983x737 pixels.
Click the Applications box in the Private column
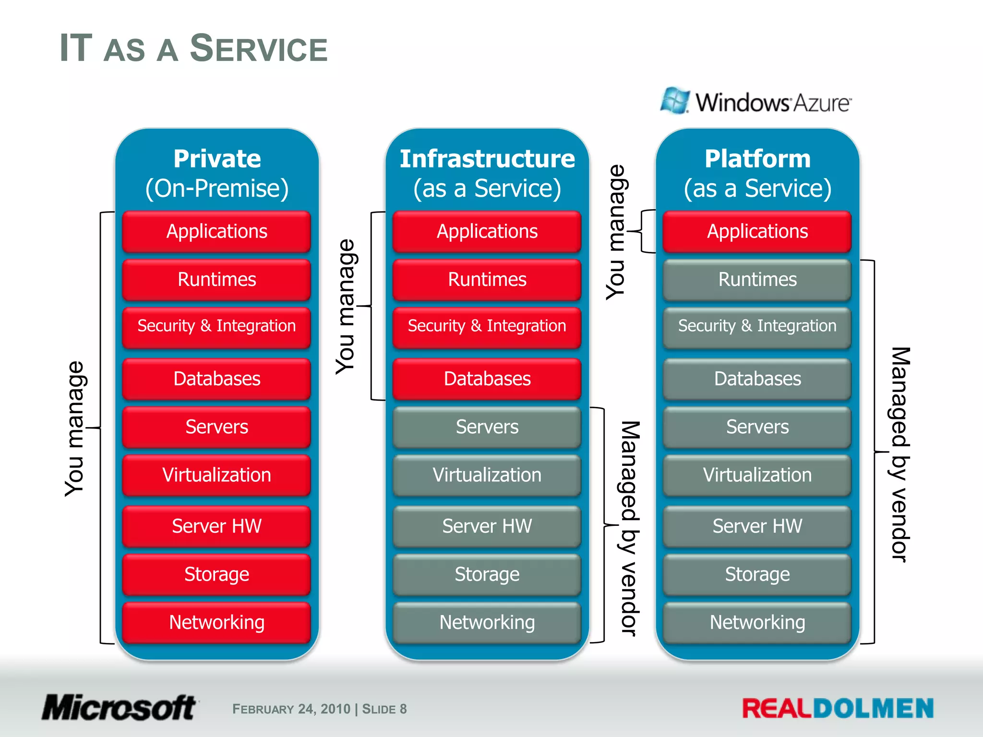(x=216, y=232)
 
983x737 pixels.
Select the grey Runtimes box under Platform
(x=757, y=280)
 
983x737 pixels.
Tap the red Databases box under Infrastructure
(x=487, y=379)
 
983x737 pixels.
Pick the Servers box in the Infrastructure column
(x=487, y=427)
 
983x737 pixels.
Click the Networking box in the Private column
(x=216, y=622)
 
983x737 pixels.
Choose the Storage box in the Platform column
(x=757, y=574)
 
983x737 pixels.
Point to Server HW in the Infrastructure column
(x=487, y=526)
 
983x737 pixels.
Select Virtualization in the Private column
(x=216, y=475)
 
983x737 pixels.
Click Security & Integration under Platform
(x=757, y=326)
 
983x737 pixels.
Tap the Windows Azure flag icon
(x=675, y=101)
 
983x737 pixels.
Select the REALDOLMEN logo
(x=838, y=709)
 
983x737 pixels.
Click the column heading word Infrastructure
(x=487, y=159)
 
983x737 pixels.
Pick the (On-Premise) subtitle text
(x=217, y=188)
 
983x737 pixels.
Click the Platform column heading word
(x=757, y=159)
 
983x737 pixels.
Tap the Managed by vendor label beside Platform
(x=899, y=453)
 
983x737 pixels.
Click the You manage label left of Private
(x=75, y=428)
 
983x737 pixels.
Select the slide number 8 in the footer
(x=403, y=709)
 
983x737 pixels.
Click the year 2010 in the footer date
(x=336, y=709)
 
